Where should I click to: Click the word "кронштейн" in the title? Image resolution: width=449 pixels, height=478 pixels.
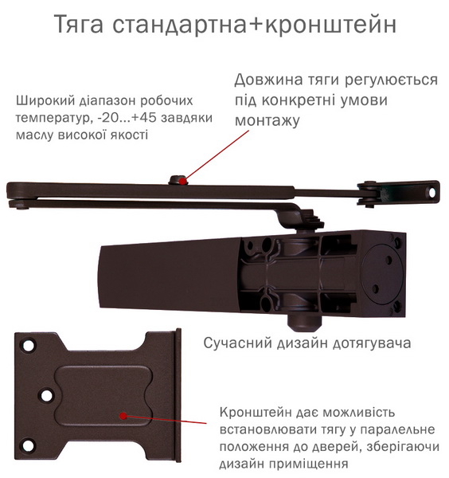pyautogui.click(x=331, y=24)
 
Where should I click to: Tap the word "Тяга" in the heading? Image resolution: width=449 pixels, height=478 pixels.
pyautogui.click(x=79, y=25)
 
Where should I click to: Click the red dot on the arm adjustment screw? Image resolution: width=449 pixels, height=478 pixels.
pyautogui.click(x=182, y=181)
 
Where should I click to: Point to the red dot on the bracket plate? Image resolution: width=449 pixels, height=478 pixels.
pyautogui.click(x=123, y=416)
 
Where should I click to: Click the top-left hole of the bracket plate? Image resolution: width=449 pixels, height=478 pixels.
pyautogui.click(x=28, y=346)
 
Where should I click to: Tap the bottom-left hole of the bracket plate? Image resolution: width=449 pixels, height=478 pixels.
pyautogui.click(x=28, y=445)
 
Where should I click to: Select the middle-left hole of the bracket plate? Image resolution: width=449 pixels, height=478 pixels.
pyautogui.click(x=46, y=396)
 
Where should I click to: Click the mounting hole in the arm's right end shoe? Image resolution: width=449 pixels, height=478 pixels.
pyautogui.click(x=432, y=193)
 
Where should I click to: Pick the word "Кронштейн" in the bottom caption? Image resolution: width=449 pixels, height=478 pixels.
pyautogui.click(x=255, y=413)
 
